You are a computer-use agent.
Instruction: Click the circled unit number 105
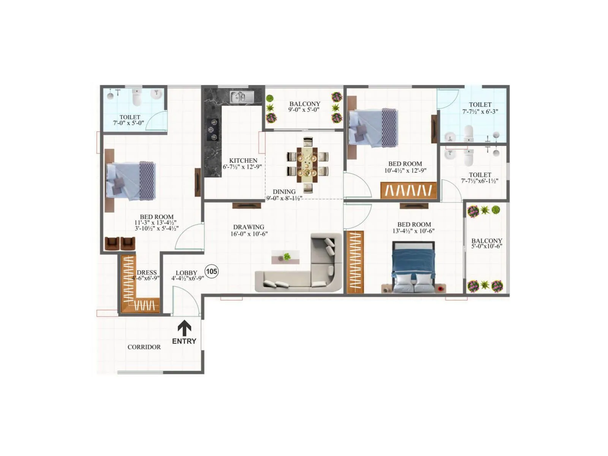coord(211,271)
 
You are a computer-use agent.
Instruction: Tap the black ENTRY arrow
coord(184,328)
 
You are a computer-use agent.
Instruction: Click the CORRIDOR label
coord(144,347)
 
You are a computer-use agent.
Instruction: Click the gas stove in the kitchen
coord(213,130)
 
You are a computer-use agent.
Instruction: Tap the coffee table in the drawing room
coord(285,257)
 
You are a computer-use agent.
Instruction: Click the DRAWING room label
coord(249,227)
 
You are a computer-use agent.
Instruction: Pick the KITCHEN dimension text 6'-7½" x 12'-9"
coord(242,167)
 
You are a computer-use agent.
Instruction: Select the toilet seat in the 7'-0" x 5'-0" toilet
coord(137,98)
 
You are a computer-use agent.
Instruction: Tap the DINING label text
coord(284,192)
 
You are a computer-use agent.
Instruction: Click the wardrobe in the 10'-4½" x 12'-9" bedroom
coord(408,190)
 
